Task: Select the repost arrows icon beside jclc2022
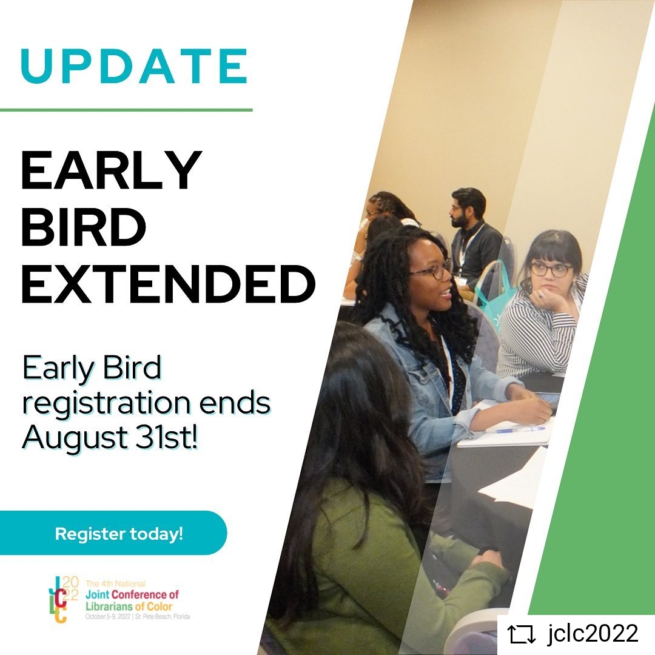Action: [522, 634]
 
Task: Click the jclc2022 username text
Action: [592, 634]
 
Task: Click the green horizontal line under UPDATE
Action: [126, 110]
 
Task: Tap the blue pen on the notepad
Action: [519, 429]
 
